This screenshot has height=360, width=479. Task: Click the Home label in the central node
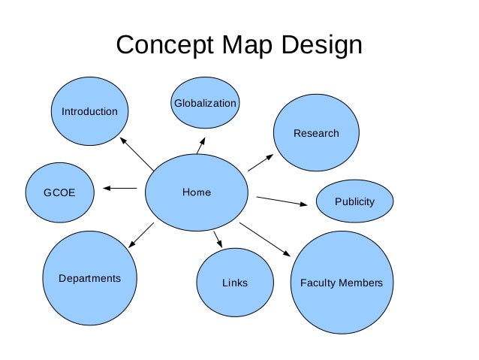[197, 192]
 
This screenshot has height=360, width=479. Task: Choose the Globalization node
[205, 103]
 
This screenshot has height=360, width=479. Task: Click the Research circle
[316, 133]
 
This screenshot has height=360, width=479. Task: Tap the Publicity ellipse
[354, 201]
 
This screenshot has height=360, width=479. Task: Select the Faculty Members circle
[342, 283]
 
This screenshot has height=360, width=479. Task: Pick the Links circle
[235, 283]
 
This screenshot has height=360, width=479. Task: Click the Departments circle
[89, 279]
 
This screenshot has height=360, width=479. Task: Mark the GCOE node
[60, 192]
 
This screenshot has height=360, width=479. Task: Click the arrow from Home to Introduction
[137, 153]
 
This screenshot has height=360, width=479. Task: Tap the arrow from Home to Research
[261, 161]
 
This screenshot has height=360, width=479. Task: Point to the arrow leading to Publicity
[282, 201]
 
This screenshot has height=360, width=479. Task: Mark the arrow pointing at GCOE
[119, 189]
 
